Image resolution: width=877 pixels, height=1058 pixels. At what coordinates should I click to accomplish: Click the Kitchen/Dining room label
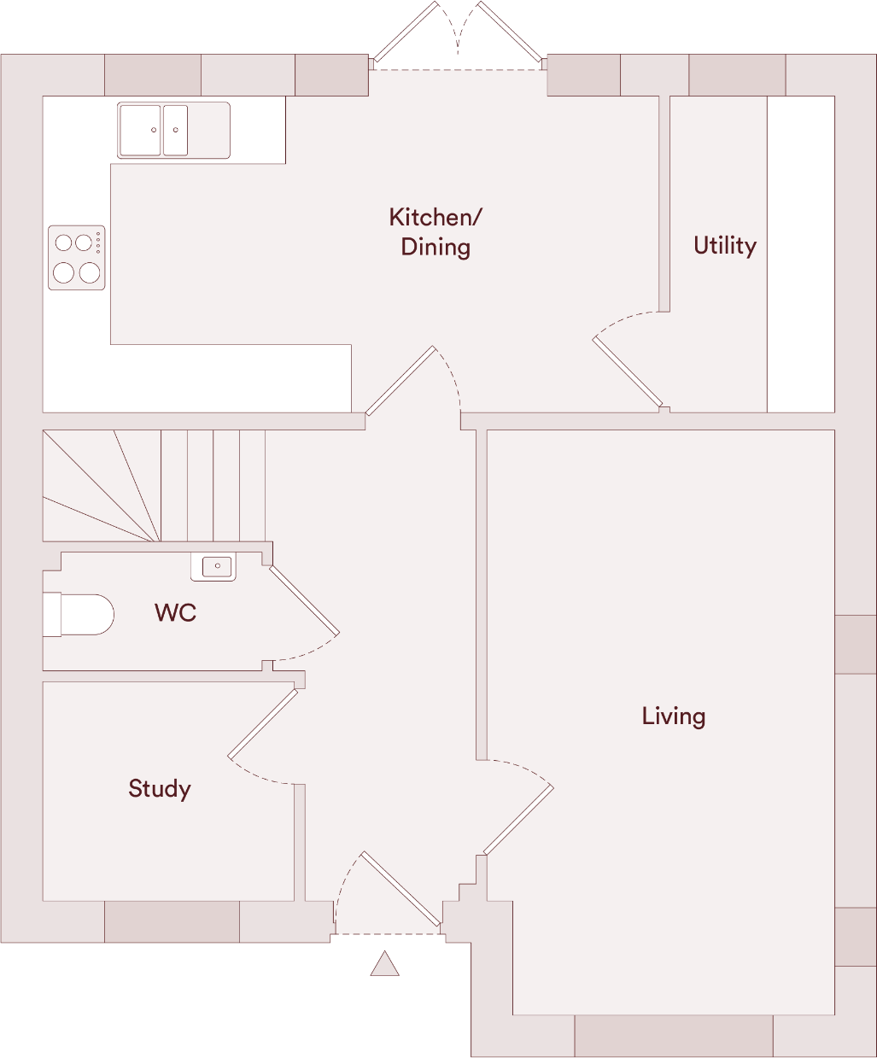pyautogui.click(x=435, y=231)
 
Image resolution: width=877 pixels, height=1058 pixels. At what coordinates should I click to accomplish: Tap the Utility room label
pyautogui.click(x=724, y=246)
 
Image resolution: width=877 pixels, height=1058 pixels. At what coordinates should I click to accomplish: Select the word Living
pyautogui.click(x=673, y=716)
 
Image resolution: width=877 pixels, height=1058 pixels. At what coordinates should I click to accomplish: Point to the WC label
pyautogui.click(x=175, y=612)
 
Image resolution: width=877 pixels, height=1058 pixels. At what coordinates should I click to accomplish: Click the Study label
pyautogui.click(x=159, y=788)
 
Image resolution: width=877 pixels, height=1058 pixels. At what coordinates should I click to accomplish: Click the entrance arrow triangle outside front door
pyautogui.click(x=385, y=965)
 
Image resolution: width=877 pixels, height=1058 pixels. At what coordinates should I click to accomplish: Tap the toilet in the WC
pyautogui.click(x=80, y=615)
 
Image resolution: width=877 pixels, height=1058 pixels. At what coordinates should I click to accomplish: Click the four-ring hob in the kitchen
pyautogui.click(x=76, y=258)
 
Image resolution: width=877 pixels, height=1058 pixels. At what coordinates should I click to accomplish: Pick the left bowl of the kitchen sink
pyautogui.click(x=141, y=131)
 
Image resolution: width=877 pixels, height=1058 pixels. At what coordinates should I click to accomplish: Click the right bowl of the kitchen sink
pyautogui.click(x=175, y=131)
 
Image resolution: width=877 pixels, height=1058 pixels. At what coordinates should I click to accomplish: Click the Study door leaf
pyautogui.click(x=263, y=723)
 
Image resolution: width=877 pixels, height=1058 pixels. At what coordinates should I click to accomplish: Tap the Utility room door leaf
pyautogui.click(x=628, y=372)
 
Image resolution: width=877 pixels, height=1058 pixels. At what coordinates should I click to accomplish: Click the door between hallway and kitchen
pyautogui.click(x=400, y=381)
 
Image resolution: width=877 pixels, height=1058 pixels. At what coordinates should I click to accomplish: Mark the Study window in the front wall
pyautogui.click(x=172, y=921)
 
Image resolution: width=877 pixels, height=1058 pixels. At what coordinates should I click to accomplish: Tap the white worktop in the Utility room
pyautogui.click(x=800, y=254)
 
